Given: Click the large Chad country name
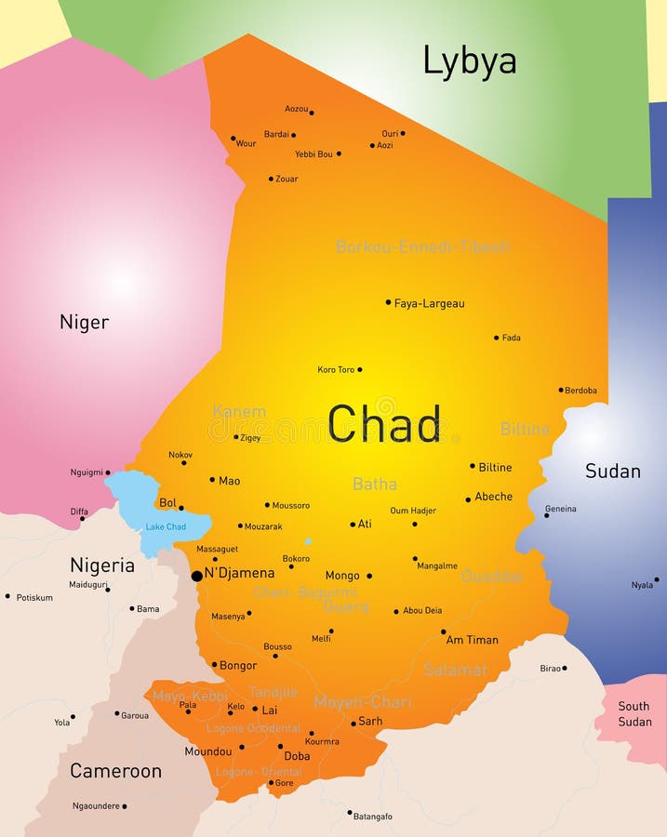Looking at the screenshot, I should (x=384, y=424).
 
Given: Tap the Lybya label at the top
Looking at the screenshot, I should (x=469, y=60).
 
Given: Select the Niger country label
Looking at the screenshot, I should (x=84, y=323).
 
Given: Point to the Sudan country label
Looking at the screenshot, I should (x=612, y=472).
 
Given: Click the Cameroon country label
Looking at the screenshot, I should (x=115, y=771).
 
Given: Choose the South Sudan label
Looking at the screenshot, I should (x=634, y=714).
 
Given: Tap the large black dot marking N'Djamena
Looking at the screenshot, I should (x=196, y=577).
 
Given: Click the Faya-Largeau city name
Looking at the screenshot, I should (x=429, y=303).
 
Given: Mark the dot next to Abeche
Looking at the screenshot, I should (x=468, y=499).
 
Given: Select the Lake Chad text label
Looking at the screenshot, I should (x=165, y=527).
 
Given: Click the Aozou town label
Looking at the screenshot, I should (x=296, y=109).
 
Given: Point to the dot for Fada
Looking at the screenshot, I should (x=496, y=338).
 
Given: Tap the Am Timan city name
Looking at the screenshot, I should (x=472, y=640).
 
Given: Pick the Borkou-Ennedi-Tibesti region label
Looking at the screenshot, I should (x=422, y=247).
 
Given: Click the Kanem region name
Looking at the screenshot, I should (x=239, y=412).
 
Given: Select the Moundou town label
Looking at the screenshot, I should (x=207, y=751).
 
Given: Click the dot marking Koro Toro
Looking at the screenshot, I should (x=360, y=369).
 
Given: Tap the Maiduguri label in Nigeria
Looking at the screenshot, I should (x=88, y=585).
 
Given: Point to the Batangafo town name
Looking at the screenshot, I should (x=373, y=817).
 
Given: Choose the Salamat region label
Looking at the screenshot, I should (x=455, y=670).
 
